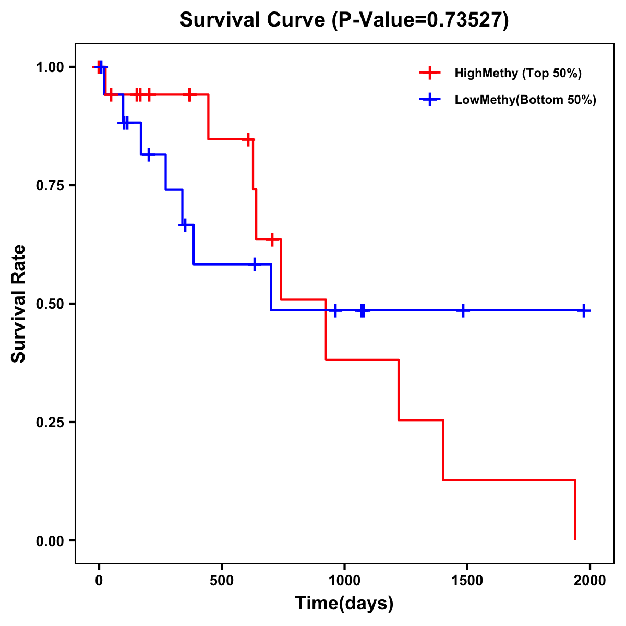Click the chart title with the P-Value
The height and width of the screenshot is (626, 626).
[x=344, y=20]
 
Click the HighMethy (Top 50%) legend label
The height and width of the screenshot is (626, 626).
[x=518, y=73]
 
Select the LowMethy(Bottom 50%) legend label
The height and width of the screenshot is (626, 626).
[x=525, y=100]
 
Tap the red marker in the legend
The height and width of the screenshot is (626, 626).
[x=430, y=73]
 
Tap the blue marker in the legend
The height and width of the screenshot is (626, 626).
[x=430, y=100]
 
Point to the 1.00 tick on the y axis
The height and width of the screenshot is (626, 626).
[x=50, y=67]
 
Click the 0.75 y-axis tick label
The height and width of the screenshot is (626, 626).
[x=50, y=186]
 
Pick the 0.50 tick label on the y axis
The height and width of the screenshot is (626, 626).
[x=50, y=304]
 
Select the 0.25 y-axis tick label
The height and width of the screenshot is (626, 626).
[x=50, y=423]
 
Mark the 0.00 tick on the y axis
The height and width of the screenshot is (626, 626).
[x=50, y=541]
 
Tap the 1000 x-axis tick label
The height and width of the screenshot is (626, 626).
[x=344, y=581]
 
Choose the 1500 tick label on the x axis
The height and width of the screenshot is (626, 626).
[x=467, y=581]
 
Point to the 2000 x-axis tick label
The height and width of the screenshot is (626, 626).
[x=590, y=581]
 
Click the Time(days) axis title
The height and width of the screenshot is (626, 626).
[x=344, y=604]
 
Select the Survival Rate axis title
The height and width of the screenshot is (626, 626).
[x=19, y=304]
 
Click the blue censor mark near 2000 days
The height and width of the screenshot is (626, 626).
[x=584, y=310]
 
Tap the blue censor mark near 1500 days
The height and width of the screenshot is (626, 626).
[x=463, y=310]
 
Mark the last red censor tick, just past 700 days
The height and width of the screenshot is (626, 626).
[x=272, y=239]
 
